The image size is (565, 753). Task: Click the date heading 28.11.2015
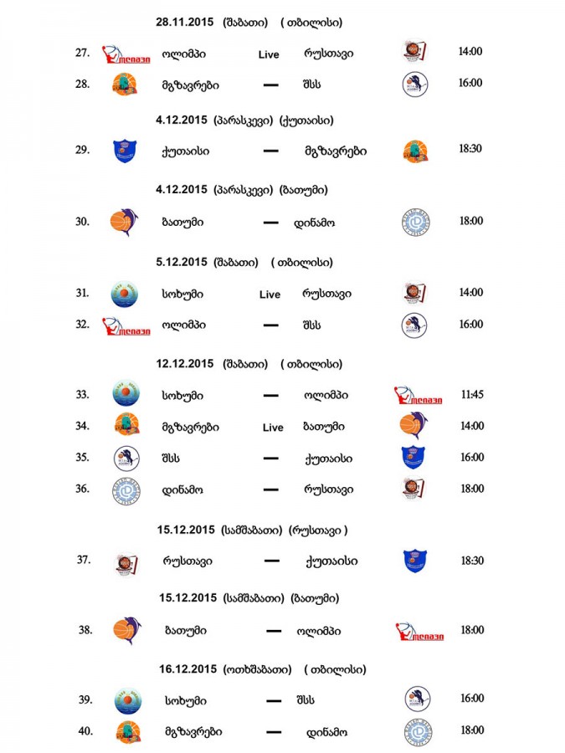[x=185, y=23]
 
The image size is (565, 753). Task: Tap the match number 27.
[x=82, y=53]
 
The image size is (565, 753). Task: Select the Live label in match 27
[x=269, y=54]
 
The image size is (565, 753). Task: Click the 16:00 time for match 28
[x=470, y=83]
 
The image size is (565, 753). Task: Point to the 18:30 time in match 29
[x=470, y=151]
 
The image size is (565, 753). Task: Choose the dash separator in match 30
[x=270, y=223]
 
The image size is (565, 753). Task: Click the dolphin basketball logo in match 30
[x=125, y=222]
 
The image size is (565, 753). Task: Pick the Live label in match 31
[x=270, y=295]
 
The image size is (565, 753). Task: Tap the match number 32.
[x=82, y=324]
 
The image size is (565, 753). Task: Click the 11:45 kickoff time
[x=470, y=394]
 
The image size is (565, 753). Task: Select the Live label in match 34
[x=273, y=428]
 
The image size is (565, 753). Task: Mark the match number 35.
[x=82, y=457]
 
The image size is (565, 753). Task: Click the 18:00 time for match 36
[x=470, y=489]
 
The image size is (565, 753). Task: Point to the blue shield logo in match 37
[x=416, y=560]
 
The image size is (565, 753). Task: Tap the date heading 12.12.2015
[x=185, y=364]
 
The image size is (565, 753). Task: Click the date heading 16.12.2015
[x=187, y=669]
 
